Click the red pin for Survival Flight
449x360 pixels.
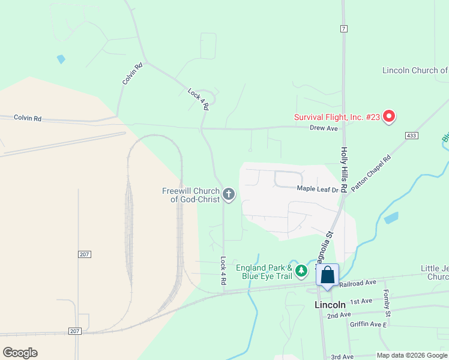[x=388, y=116]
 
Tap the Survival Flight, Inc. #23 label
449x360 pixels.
[x=337, y=117]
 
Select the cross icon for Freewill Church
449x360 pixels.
[x=228, y=194]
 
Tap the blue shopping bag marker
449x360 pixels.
[x=328, y=275]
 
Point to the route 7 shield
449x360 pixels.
[x=343, y=29]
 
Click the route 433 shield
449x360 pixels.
[x=411, y=136]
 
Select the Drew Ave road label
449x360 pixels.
[x=324, y=128]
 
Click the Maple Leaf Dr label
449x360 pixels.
[x=318, y=189]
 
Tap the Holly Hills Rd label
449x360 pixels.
[x=344, y=170]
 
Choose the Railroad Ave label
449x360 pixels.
[x=357, y=282]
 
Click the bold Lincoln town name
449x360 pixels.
[x=330, y=304]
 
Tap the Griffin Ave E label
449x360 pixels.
[x=369, y=325]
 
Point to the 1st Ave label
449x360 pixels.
[x=361, y=301]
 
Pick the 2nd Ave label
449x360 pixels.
[x=339, y=314]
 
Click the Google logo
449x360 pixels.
[x=20, y=353]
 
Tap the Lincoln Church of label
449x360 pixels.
[x=415, y=70]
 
